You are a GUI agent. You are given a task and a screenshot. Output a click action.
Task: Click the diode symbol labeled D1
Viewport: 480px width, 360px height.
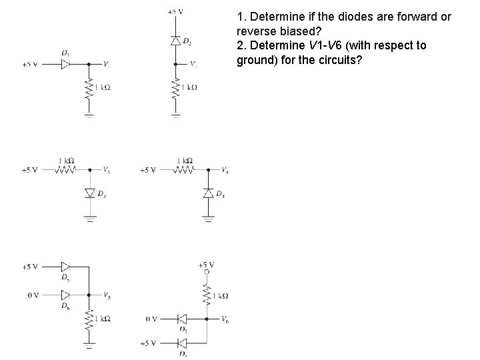click(66, 65)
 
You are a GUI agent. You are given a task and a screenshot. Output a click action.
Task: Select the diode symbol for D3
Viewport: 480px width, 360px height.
click(89, 193)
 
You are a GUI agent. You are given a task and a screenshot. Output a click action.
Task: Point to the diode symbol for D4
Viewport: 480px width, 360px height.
click(208, 193)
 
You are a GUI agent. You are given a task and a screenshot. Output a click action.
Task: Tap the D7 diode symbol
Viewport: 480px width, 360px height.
click(181, 319)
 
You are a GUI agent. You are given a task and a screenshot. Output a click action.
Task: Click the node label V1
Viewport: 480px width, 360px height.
click(107, 65)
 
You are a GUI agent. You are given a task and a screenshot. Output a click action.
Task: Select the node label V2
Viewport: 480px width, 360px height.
click(193, 65)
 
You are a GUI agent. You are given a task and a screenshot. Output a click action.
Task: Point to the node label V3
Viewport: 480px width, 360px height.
click(107, 170)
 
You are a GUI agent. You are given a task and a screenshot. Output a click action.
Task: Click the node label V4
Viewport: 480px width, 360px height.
click(225, 170)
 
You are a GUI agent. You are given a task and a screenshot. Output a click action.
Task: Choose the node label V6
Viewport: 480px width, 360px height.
click(225, 319)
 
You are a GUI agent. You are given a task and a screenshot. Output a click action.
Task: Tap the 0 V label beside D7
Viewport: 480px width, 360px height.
click(151, 319)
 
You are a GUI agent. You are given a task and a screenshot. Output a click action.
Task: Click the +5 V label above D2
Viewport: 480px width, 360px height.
click(176, 12)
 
